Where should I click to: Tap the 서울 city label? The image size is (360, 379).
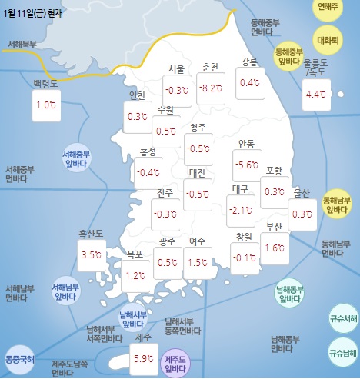(x=175, y=69)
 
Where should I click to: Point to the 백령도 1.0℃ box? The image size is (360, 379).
(x=47, y=105)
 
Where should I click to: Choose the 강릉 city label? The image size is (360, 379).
(x=249, y=62)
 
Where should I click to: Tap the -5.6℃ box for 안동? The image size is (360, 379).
(x=246, y=165)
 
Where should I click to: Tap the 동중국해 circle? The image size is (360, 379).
(x=19, y=358)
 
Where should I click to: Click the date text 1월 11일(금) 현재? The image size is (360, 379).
(x=38, y=9)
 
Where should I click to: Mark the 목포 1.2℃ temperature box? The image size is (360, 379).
(x=136, y=274)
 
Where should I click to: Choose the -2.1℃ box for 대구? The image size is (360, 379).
(x=241, y=210)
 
